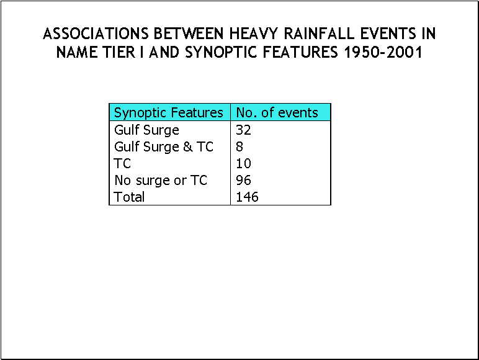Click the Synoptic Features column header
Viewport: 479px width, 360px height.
pyautogui.click(x=168, y=113)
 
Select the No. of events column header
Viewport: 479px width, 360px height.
pyautogui.click(x=277, y=112)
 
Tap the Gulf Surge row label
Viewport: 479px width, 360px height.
pyautogui.click(x=146, y=130)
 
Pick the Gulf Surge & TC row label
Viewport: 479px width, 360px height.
pyautogui.click(x=164, y=146)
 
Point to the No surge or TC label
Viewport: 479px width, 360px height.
pyautogui.click(x=161, y=180)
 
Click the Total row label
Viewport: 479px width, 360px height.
pyautogui.click(x=129, y=197)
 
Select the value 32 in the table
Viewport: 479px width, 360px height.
pyautogui.click(x=243, y=130)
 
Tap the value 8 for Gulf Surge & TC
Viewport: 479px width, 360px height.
pyautogui.click(x=239, y=146)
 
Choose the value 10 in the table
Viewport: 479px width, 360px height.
pyautogui.click(x=243, y=163)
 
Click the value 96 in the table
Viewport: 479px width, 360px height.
pyautogui.click(x=243, y=180)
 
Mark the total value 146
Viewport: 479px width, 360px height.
pyautogui.click(x=247, y=197)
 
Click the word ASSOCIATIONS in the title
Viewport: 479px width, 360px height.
pyautogui.click(x=96, y=34)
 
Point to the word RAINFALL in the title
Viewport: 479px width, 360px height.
pyautogui.click(x=319, y=34)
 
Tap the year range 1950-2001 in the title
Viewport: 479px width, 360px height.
pyautogui.click(x=383, y=52)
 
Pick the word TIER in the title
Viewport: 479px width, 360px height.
pyautogui.click(x=119, y=52)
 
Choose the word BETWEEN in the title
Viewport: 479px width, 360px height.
pyautogui.click(x=189, y=34)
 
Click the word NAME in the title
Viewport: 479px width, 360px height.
pyautogui.click(x=77, y=52)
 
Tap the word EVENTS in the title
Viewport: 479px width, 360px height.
pyautogui.click(x=388, y=34)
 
